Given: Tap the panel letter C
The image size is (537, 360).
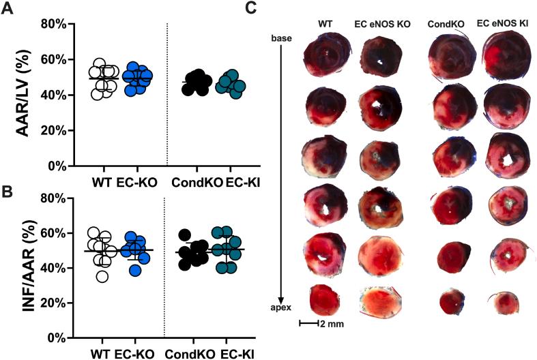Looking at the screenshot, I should pos(251,8).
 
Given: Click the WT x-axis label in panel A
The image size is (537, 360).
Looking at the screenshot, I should pos(102,183).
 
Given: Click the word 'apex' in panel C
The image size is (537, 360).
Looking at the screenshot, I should pos(281,308).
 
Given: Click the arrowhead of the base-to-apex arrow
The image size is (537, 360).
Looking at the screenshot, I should pos(281,300).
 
